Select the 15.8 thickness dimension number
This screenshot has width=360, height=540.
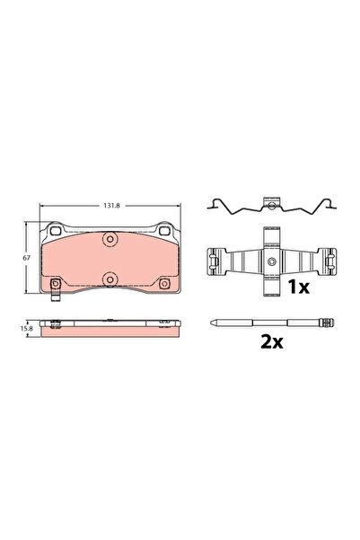pos(28,330)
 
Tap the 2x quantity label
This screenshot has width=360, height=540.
pos(272,342)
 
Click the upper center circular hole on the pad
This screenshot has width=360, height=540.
pos(109,240)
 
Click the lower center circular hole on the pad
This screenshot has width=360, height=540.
pos(109,279)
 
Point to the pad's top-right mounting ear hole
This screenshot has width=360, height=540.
pos(165,232)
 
